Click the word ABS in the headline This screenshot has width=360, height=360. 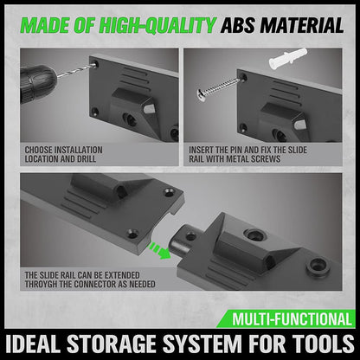coord(238,25)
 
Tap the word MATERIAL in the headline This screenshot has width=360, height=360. coord(302,25)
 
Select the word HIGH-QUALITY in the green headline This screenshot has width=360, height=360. coord(157,25)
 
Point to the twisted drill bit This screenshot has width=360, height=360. coord(76,71)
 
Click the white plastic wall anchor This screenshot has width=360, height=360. coord(287,59)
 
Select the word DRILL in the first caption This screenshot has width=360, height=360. coord(87,159)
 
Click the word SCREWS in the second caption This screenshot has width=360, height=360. coord(267,159)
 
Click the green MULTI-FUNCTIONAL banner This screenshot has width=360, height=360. coord(286,318)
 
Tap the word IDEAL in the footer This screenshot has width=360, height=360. coord(34,344)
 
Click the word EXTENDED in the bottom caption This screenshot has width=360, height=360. coord(122,275)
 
